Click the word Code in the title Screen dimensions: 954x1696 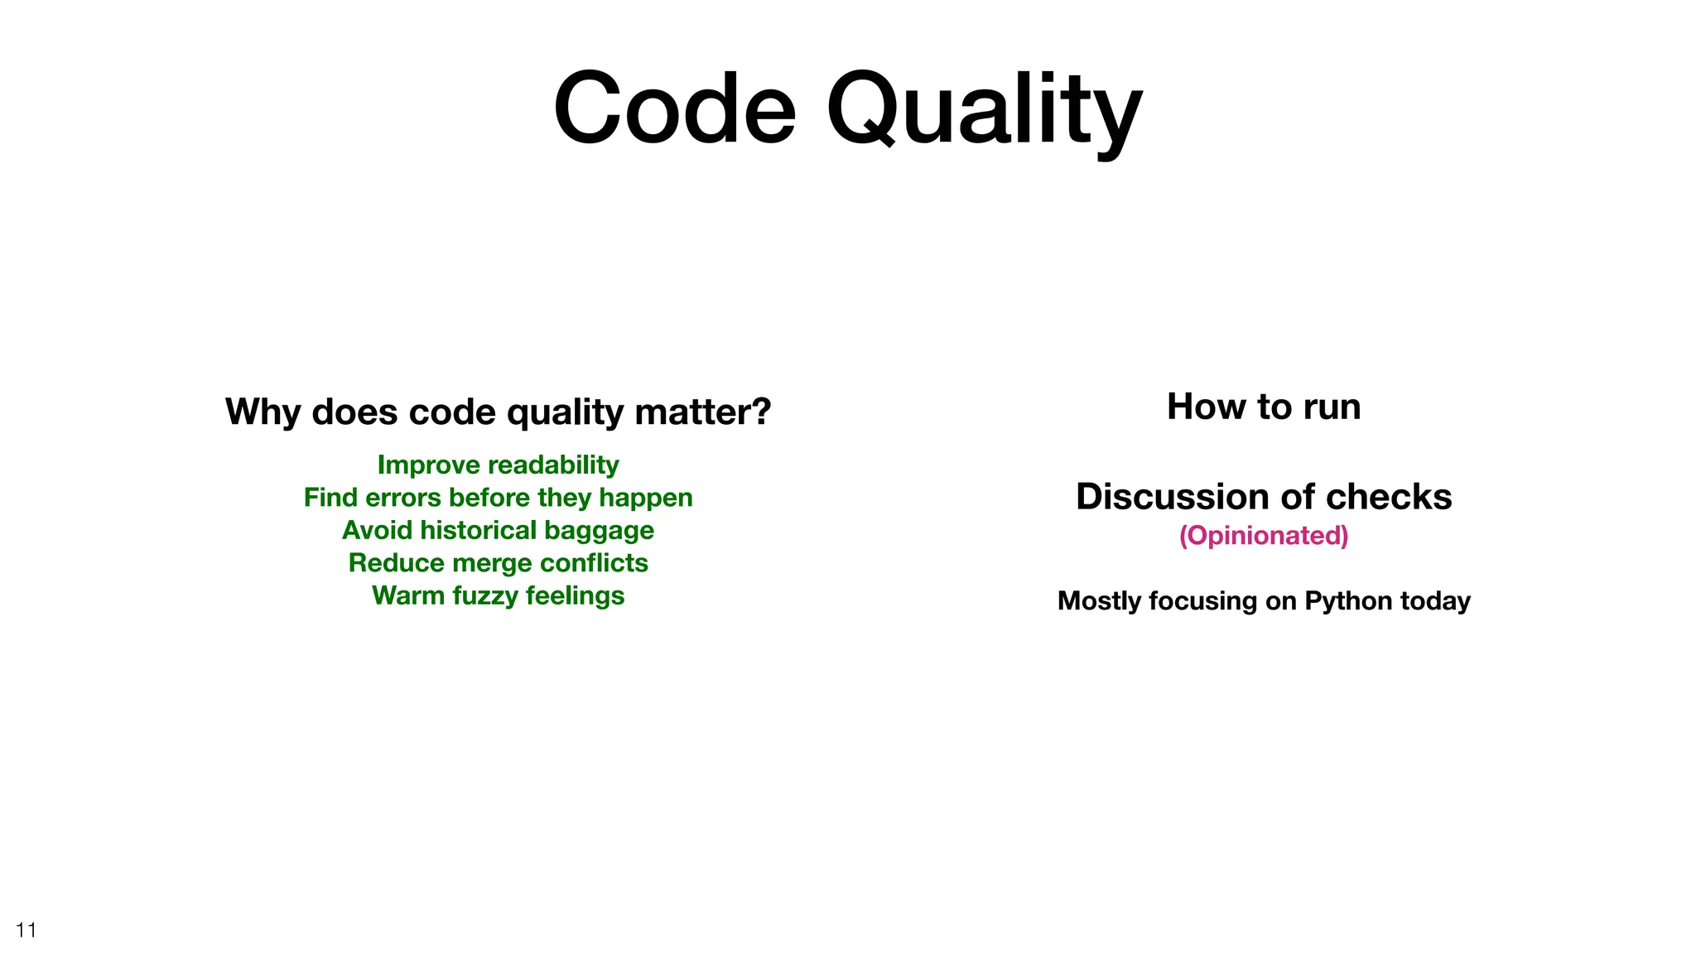pyautogui.click(x=674, y=108)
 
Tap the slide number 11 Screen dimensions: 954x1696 pyautogui.click(x=26, y=930)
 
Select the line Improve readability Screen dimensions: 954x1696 pyautogui.click(x=498, y=465)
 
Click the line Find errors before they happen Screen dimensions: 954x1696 pyautogui.click(x=498, y=498)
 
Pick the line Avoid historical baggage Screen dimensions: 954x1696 pyautogui.click(x=498, y=530)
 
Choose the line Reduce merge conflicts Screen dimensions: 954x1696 pyautogui.click(x=498, y=563)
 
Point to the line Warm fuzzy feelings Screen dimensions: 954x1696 pyautogui.click(x=498, y=595)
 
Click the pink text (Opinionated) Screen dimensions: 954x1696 pyautogui.click(x=1264, y=536)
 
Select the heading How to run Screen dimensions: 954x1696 pyautogui.click(x=1264, y=407)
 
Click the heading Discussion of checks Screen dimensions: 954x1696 pyautogui.click(x=1264, y=497)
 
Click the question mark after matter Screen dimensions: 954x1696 pyautogui.click(x=761, y=412)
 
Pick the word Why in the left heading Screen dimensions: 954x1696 pyautogui.click(x=263, y=412)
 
